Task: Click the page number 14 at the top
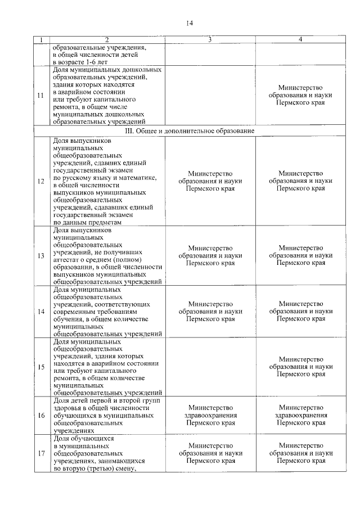189,22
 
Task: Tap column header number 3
210,39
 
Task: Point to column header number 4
300,39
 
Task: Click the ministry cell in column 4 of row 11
300,96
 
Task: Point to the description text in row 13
107,255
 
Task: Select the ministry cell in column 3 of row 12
210,181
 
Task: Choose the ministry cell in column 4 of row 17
300,453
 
